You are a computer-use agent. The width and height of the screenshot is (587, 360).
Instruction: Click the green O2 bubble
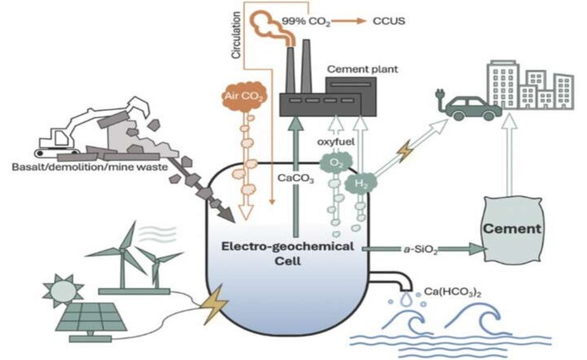pos(336,164)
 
